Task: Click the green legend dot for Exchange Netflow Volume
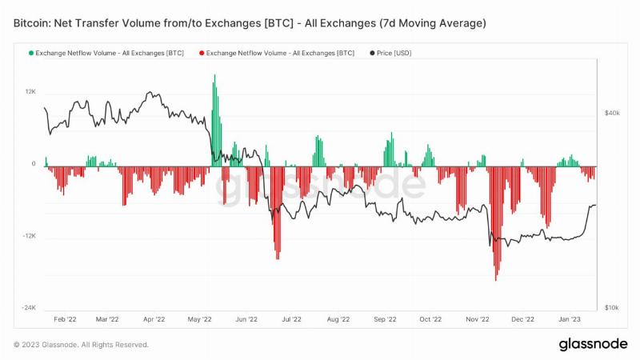coord(31,53)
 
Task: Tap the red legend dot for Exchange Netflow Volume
coord(202,53)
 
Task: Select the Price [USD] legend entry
coord(390,53)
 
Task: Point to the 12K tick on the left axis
coord(30,92)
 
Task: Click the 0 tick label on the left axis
coord(34,164)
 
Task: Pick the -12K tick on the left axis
coord(30,236)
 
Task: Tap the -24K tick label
coord(29,308)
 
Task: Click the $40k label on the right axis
coord(612,113)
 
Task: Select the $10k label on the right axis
coord(612,308)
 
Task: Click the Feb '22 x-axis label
coord(65,319)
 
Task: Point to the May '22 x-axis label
coord(199,319)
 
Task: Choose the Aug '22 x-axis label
coord(338,319)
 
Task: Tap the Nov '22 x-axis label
coord(477,319)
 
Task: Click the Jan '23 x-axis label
coord(570,319)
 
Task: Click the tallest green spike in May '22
coord(214,121)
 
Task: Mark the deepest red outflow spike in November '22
coord(496,224)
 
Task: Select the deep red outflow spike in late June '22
coord(278,213)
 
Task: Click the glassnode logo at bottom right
coord(593,344)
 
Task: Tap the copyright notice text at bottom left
coord(81,345)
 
